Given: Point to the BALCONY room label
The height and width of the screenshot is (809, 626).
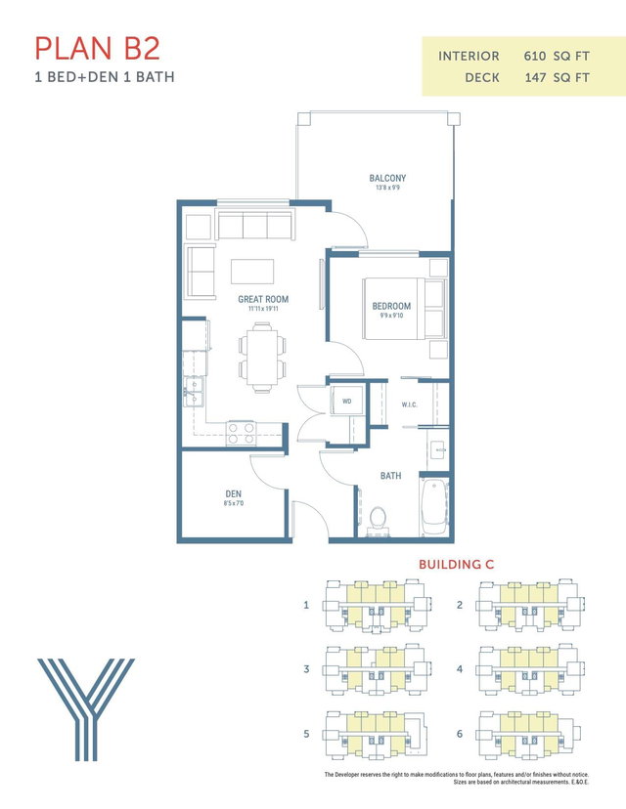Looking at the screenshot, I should coord(387,179).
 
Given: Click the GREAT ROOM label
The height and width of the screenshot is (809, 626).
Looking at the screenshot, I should coord(263,299).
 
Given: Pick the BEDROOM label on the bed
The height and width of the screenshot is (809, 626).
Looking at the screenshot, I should coord(391,306).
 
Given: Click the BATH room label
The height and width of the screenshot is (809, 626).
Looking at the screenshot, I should coord(391,476).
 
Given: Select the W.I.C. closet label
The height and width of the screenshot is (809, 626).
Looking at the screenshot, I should coord(410,403).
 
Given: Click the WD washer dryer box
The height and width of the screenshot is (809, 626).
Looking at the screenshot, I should coord(347,402).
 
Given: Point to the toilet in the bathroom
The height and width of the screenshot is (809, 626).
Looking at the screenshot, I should coord(380,517).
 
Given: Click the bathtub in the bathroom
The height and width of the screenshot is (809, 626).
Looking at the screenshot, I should coord(433,506).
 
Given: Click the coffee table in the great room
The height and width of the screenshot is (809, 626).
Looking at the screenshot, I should coord(252,270).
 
